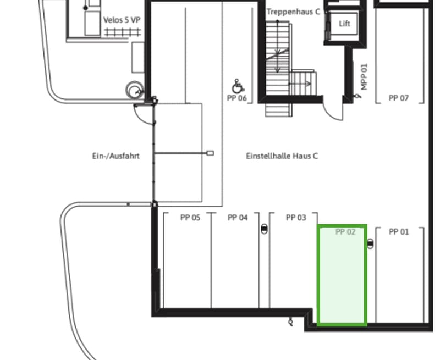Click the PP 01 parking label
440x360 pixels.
399,232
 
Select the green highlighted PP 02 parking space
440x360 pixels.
342,275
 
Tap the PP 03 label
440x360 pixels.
296,218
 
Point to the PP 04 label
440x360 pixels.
238,218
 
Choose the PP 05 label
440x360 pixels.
190,218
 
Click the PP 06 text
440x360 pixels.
237,98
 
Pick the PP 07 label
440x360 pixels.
398,98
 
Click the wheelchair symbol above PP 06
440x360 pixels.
238,86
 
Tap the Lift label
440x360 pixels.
345,24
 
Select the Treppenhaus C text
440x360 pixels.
293,12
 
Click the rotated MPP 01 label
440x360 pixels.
364,77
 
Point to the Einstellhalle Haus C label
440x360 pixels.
282,156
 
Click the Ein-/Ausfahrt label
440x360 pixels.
116,156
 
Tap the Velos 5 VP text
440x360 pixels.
122,20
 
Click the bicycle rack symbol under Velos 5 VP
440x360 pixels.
122,32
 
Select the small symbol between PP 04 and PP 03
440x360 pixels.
265,229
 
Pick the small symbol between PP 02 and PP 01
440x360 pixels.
370,243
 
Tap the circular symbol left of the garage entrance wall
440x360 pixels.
135,90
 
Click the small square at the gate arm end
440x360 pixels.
210,153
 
